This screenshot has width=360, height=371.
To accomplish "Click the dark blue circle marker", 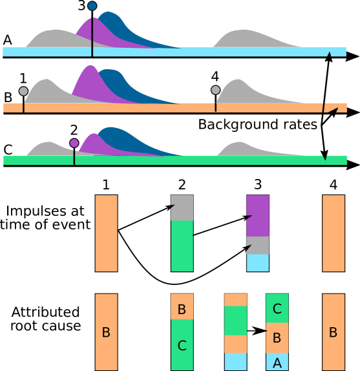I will tap(92, 6).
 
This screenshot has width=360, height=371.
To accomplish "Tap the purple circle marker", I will tap(74, 143).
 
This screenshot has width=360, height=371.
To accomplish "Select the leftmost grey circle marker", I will tap(23, 91).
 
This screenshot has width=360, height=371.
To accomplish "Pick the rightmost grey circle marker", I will tap(215, 90).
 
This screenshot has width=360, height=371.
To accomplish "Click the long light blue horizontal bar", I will tap(194, 52).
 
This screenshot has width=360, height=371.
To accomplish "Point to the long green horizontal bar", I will tap(194, 160).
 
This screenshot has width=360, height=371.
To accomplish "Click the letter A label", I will tap(277, 363).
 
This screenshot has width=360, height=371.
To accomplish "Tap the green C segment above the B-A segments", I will tap(277, 308).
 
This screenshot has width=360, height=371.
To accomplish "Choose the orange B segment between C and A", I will tap(277, 337).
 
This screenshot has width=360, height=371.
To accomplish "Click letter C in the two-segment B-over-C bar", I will tap(182, 346).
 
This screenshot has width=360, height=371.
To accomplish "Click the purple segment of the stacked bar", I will tap(257, 215).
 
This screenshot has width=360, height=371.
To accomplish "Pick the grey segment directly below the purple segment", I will tap(257, 245).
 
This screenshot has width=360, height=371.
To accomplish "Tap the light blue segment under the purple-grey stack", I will tap(257, 262).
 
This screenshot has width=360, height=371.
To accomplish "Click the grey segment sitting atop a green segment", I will tap(182, 207).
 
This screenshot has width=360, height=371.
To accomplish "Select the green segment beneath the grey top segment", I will tap(182, 246).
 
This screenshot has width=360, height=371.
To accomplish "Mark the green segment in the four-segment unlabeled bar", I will tap(235, 320).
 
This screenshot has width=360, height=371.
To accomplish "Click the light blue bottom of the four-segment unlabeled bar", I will tap(235, 361).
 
